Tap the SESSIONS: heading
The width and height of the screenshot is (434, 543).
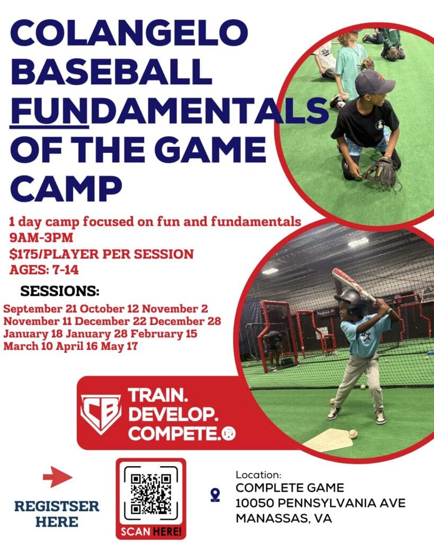(60, 292)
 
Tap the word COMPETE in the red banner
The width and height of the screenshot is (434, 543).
(173, 433)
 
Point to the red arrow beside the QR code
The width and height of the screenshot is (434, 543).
(57, 478)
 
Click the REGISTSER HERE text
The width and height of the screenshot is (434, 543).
(57, 513)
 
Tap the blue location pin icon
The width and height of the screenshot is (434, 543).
(215, 495)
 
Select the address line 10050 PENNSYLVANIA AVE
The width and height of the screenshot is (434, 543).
(321, 502)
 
